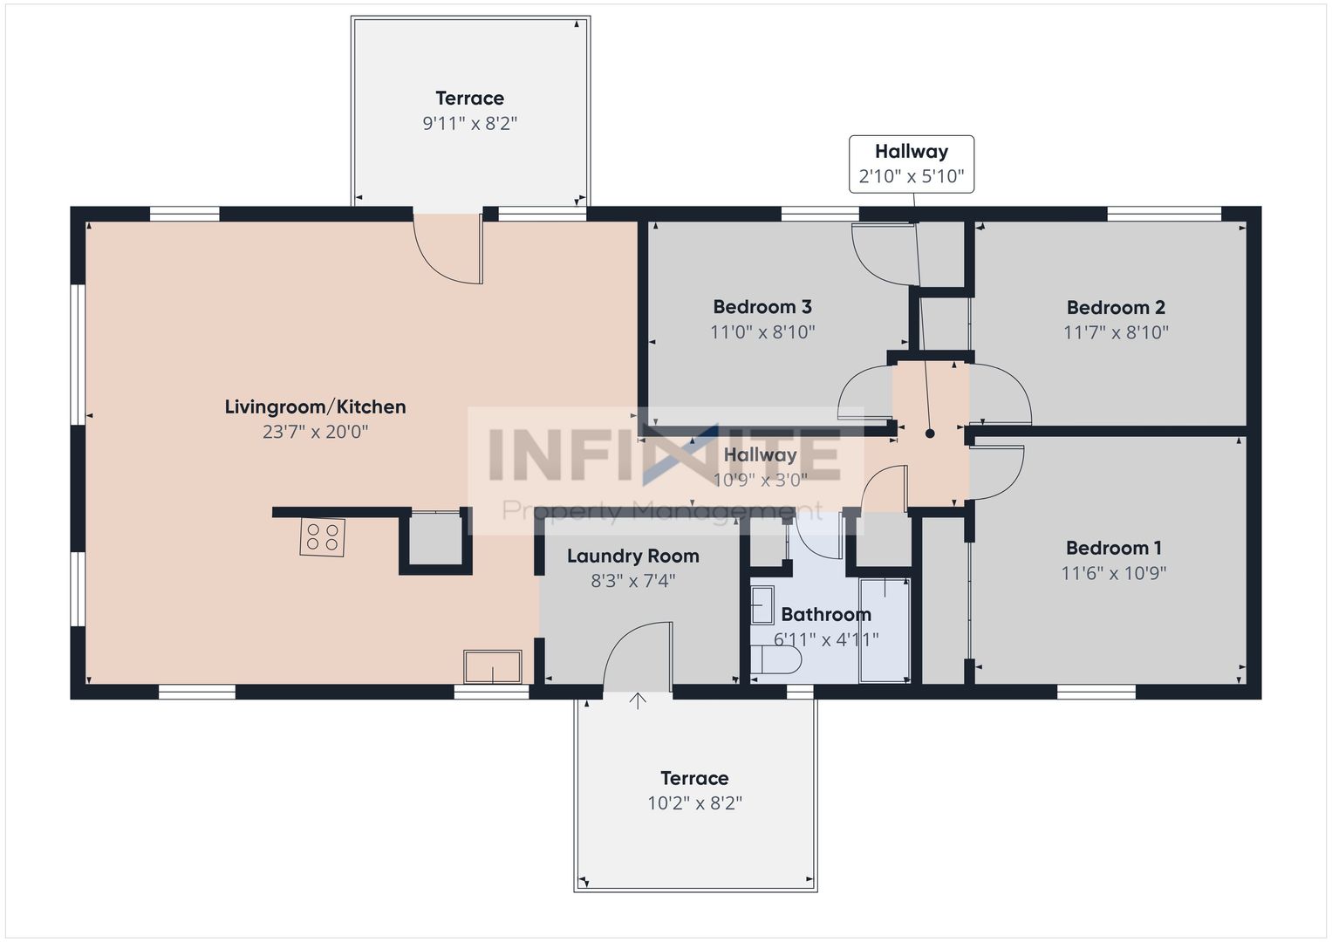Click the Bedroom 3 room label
pos(762,307)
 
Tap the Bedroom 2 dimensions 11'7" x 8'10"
pos(1116,331)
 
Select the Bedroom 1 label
pos(1113,548)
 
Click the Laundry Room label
pos(632,556)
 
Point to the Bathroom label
pos(826,614)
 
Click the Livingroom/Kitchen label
pos(315,406)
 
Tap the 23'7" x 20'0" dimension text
pos(315,432)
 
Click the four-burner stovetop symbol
pos(322,537)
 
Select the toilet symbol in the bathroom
pos(776,659)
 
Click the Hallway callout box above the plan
pos(911,164)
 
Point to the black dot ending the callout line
pos(930,434)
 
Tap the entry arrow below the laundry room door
pos(638,701)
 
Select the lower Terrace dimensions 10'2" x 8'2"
pos(694,803)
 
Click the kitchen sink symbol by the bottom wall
pos(492,666)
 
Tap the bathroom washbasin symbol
pos(762,604)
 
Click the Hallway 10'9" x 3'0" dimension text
pos(760,480)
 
